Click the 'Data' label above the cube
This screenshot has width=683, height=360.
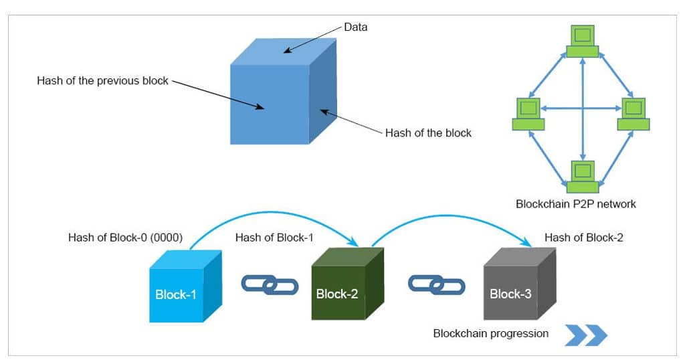coord(355,27)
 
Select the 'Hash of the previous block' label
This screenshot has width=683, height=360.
coord(102,81)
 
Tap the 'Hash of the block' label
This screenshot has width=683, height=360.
coord(428,132)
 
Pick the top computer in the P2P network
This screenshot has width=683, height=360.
coord(583,41)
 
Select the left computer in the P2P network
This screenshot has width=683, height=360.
coord(528,114)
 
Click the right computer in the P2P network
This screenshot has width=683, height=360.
coord(633,114)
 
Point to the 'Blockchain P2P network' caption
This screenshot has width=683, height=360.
coord(575,204)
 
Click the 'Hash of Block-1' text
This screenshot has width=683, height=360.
coord(274,238)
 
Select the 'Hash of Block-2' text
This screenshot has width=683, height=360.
coord(583,238)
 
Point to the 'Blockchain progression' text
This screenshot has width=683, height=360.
coord(491,333)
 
